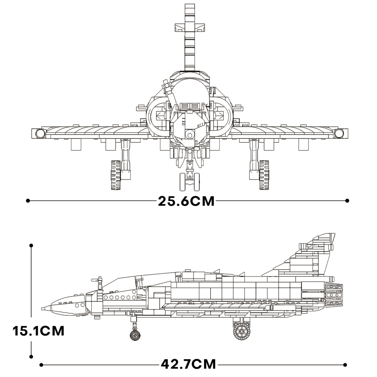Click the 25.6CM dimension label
[186, 201]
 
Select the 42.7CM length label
[188, 364]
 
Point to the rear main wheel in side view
[242, 331]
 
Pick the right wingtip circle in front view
[339, 134]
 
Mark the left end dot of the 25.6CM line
[28, 201]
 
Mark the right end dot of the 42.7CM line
[345, 365]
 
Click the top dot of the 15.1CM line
[31, 246]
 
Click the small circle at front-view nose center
[190, 135]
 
